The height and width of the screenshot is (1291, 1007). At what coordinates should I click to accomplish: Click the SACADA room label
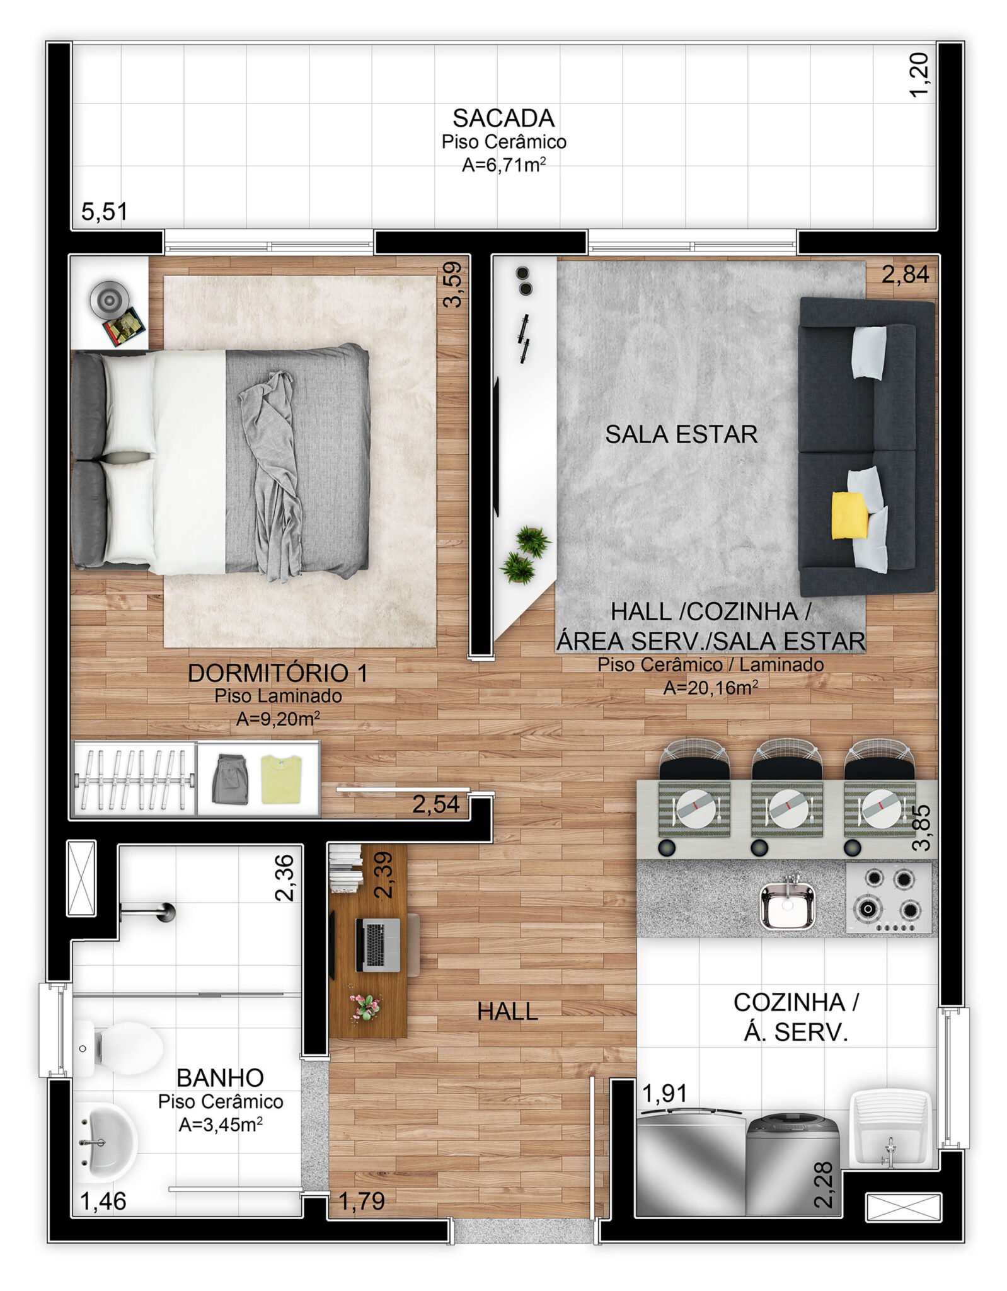[x=503, y=118]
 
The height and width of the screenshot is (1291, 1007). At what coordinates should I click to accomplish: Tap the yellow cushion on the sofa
[x=849, y=515]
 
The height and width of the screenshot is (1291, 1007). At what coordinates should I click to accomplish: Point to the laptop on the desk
[x=377, y=944]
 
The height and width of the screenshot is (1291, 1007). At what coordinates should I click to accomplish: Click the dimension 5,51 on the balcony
[x=105, y=212]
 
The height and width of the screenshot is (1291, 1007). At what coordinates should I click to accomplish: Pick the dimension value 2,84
[x=905, y=274]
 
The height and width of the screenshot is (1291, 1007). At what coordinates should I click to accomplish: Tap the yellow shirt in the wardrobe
[x=282, y=779]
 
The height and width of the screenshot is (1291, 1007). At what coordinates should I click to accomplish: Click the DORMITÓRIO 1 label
[x=278, y=673]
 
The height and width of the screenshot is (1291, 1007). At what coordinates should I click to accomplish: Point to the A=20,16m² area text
[x=710, y=687]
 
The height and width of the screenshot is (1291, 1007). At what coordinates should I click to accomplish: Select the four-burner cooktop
[x=889, y=898]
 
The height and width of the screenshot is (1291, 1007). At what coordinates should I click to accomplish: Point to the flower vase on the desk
[x=365, y=1005]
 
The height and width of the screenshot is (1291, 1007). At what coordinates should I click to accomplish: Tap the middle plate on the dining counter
[x=788, y=809]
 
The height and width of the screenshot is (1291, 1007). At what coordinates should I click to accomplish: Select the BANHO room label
[x=220, y=1078]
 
